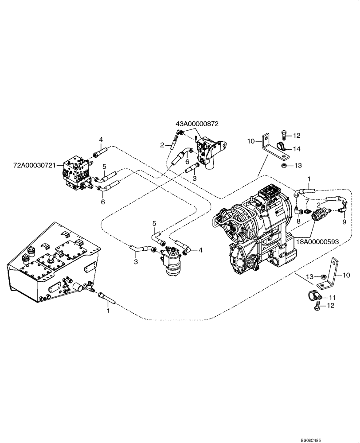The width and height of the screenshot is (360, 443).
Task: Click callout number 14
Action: click(x=296, y=148)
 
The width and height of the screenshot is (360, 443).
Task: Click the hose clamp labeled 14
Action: click(x=281, y=147)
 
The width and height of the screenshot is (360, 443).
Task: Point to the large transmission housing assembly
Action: click(x=255, y=230)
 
